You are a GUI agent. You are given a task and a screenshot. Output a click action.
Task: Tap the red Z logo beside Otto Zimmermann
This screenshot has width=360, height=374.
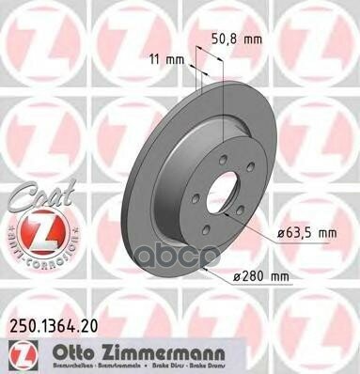click(18, 354)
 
